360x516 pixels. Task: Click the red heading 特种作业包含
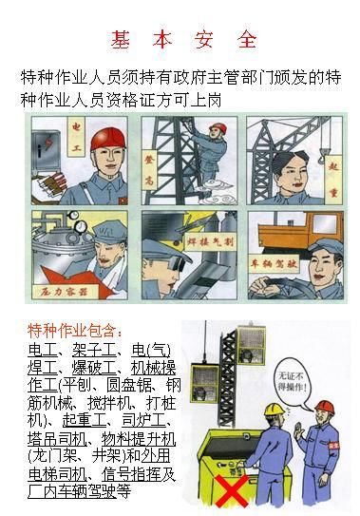(x=75, y=331)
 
